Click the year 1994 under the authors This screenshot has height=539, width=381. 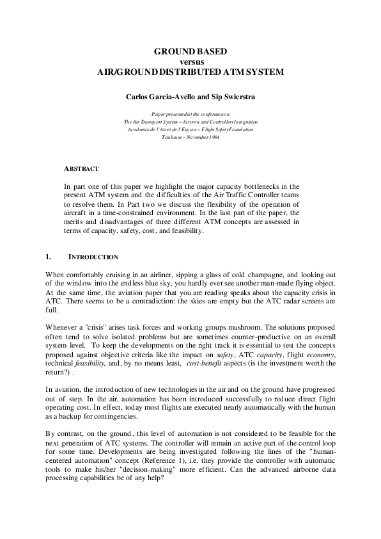[212, 137]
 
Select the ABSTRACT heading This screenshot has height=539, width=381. [81, 169]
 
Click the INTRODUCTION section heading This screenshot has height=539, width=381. [93, 257]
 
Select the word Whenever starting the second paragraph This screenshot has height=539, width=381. [63, 326]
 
